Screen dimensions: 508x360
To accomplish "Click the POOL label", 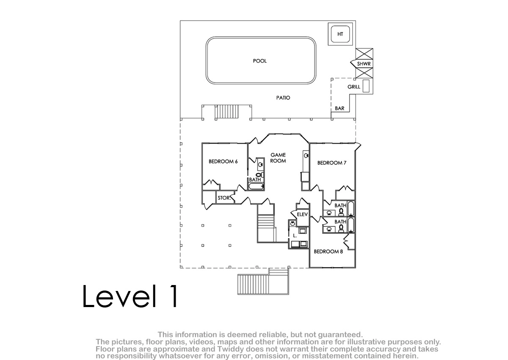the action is tap(260, 61).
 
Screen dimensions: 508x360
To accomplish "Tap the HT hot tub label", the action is tap(340, 34).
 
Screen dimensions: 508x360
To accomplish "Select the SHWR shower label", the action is tap(364, 64).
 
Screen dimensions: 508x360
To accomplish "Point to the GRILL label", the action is tap(354, 87).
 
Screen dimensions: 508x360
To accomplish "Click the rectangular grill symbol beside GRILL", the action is tap(366, 86).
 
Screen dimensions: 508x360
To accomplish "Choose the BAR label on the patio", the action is tap(340, 108).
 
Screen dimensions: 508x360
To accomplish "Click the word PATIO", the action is tap(283, 98).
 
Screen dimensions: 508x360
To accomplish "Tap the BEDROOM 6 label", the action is tap(223, 161).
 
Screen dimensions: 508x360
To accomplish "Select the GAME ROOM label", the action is tap(278, 158).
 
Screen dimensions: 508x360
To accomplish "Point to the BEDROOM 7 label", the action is tap(332, 163).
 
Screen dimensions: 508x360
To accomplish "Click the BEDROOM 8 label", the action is tap(328, 251).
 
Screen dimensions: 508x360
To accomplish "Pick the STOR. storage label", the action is tap(224, 198).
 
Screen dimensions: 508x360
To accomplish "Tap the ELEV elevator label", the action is tap(302, 214).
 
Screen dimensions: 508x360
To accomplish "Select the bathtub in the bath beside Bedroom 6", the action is tap(256, 186).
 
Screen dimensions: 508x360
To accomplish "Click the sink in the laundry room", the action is tap(293, 224).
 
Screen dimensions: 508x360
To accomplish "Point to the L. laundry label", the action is tap(295, 235).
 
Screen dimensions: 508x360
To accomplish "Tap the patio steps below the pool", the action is tap(227, 111).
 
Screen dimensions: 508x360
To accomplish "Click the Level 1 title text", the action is tap(130, 296).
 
